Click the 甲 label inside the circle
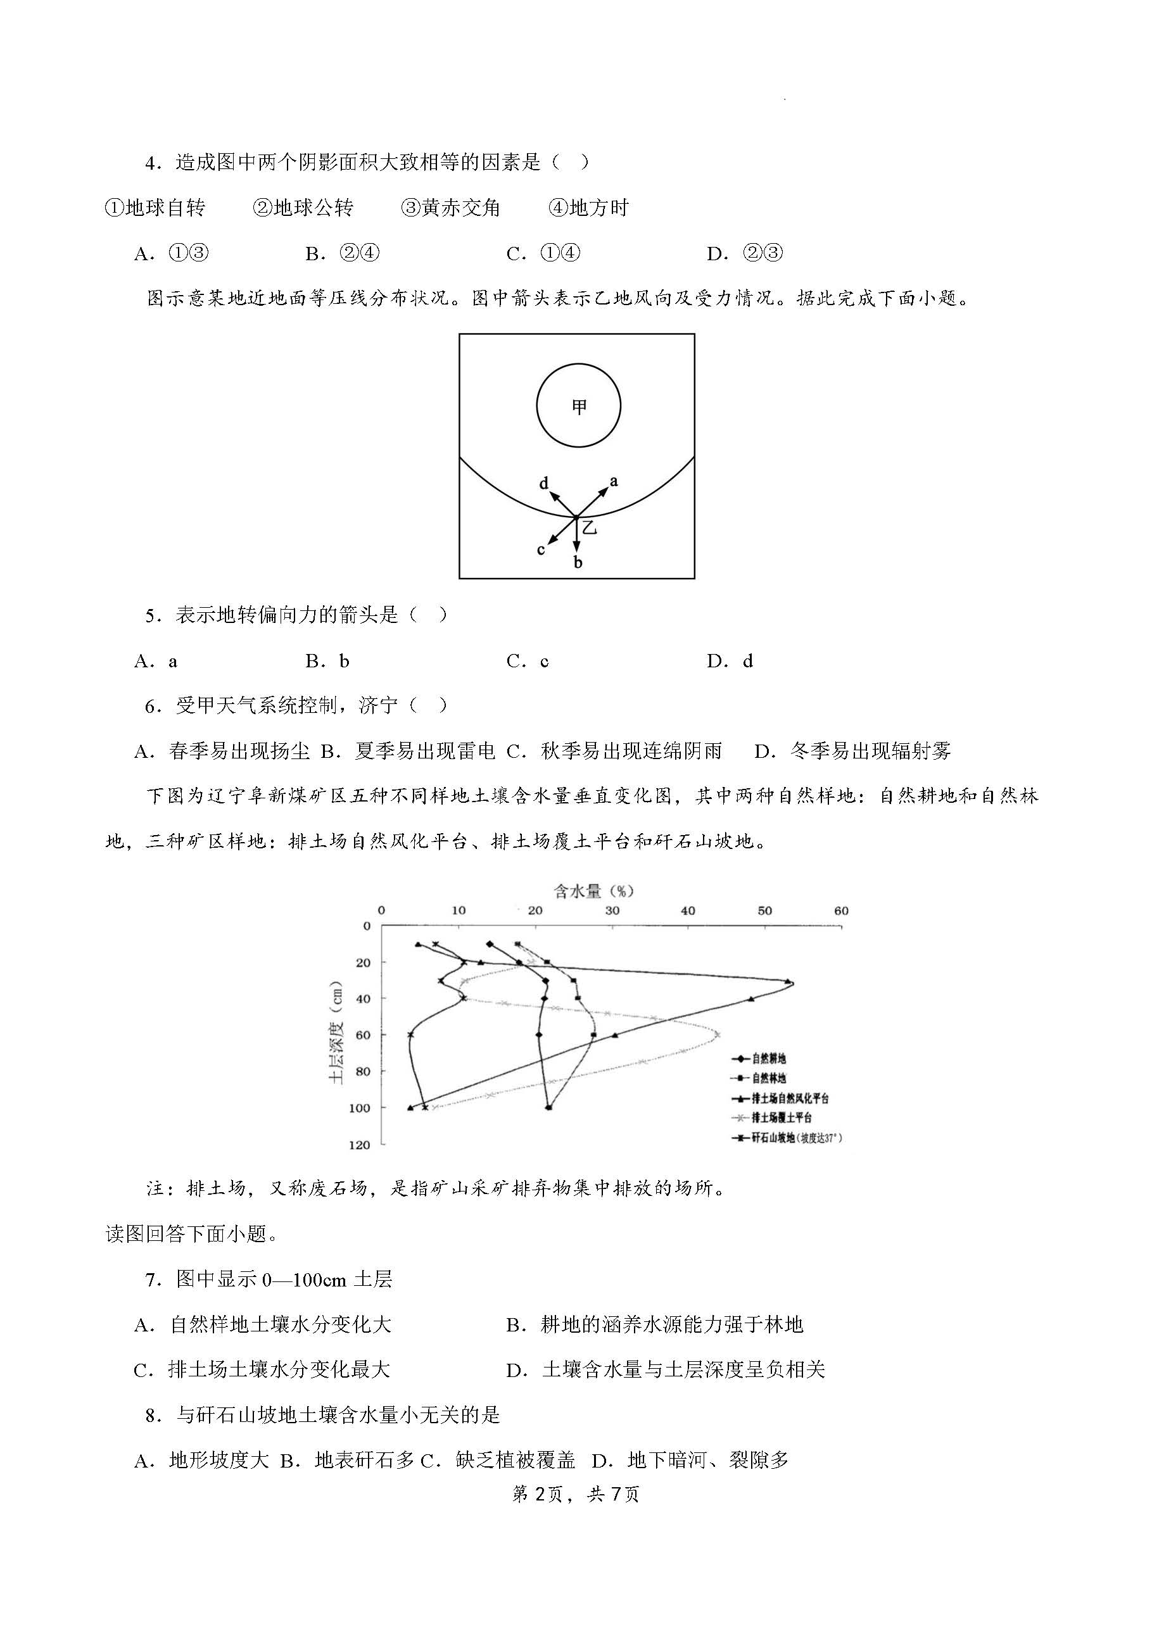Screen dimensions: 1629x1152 [x=579, y=406]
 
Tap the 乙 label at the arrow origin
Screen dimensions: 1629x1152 [x=589, y=527]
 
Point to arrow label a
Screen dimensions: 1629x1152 [x=614, y=481]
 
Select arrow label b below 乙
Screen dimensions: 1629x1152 [x=578, y=563]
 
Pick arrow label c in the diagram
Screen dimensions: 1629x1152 [x=541, y=549]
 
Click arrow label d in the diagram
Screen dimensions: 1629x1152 [x=545, y=483]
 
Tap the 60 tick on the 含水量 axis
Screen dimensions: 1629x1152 [x=841, y=911]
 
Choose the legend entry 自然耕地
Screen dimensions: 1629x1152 [x=769, y=1059]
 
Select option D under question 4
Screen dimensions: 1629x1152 [x=745, y=253]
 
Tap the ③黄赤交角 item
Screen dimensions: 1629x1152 [x=451, y=208]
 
